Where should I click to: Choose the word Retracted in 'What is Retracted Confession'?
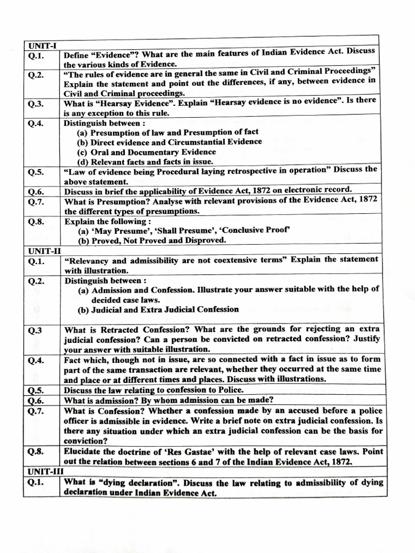click(118, 329)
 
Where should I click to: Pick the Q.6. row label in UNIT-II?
click(37, 401)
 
